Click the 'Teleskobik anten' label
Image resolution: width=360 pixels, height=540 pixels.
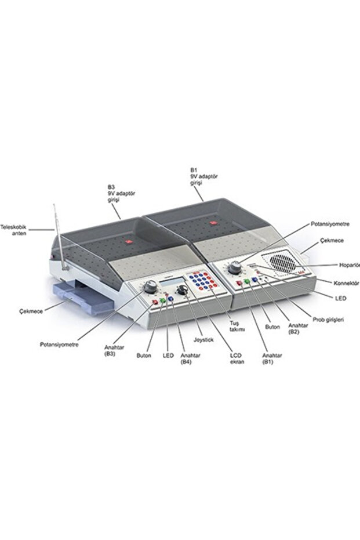(13, 230)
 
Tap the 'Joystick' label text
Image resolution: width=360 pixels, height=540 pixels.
(203, 339)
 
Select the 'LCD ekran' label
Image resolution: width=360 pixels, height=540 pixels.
(237, 358)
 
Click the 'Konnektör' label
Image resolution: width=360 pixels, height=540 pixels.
(346, 283)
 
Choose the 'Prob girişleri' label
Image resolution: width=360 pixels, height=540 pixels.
(328, 320)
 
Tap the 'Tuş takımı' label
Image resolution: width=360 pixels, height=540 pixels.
(237, 326)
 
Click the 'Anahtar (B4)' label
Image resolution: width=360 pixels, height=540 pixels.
(190, 358)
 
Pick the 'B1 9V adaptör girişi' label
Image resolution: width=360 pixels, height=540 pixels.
(203, 176)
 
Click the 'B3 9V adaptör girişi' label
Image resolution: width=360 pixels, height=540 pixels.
(121, 194)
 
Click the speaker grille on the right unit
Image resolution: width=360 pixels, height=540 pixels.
(282, 262)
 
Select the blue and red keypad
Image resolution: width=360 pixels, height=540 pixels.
(203, 280)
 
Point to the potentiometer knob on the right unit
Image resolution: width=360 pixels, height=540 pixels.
(235, 267)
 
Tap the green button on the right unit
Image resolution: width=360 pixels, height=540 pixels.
(247, 282)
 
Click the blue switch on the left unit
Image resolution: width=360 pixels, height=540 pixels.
(170, 299)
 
